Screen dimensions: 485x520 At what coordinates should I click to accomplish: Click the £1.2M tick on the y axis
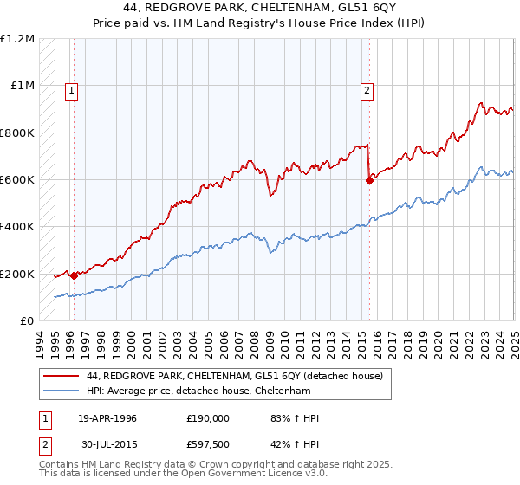[17, 39]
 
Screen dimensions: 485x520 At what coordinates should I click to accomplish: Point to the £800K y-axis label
[17, 133]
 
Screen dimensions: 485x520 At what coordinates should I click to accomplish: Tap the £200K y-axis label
[17, 275]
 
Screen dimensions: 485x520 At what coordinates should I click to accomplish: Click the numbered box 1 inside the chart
[70, 88]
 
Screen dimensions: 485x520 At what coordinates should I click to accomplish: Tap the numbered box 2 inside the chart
[367, 88]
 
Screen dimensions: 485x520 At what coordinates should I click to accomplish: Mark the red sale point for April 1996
[75, 275]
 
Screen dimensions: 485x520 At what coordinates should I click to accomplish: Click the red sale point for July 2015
[369, 180]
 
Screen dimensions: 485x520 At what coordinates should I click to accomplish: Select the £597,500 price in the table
[208, 446]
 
